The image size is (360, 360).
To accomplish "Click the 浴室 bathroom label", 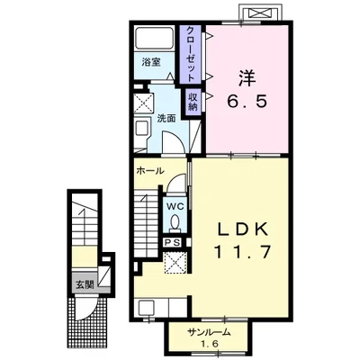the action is [x=151, y=62].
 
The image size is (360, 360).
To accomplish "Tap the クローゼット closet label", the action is [x=191, y=54].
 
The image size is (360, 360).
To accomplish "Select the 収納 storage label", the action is [x=193, y=101].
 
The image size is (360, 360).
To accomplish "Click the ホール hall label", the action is [x=150, y=171].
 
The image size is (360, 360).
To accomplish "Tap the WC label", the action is [x=174, y=206].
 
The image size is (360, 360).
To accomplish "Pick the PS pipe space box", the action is [x=172, y=242].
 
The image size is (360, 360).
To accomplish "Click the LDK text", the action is [x=242, y=230].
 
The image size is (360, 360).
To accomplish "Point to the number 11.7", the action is [x=242, y=252].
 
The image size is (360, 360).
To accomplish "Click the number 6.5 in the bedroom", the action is [x=247, y=101].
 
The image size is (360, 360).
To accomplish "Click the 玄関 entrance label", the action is [x=85, y=284].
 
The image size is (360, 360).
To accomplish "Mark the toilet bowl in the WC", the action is [x=175, y=223].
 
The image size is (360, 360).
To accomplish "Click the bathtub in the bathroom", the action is [x=154, y=39].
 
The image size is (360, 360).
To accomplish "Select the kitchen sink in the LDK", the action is [x=146, y=307].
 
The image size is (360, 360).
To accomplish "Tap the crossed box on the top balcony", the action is [x=259, y=13].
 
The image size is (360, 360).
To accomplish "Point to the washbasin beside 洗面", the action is [x=141, y=130].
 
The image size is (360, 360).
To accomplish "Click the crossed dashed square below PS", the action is [x=175, y=262].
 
